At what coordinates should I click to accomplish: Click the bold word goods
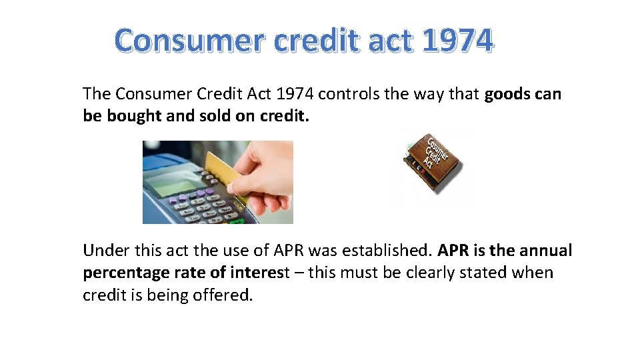click(508, 94)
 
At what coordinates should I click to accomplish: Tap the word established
click(389, 251)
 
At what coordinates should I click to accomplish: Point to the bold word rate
click(189, 273)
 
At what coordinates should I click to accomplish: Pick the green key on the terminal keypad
click(237, 219)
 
